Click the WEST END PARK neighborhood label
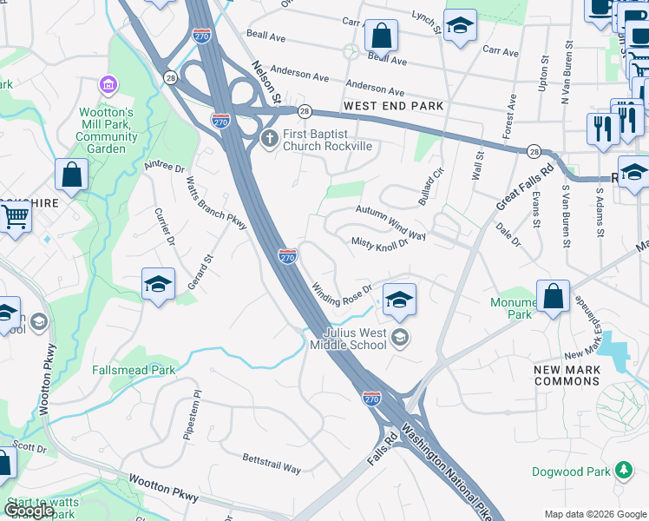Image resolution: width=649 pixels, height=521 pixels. click(393, 106)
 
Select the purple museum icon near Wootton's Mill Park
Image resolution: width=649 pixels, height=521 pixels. click(108, 84)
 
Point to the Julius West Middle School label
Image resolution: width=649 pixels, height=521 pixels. click(354, 339)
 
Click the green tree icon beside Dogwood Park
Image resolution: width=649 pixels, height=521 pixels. click(622, 471)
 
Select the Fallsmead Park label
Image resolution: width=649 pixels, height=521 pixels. click(134, 370)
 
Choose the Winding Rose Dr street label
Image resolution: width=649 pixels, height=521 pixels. click(342, 290)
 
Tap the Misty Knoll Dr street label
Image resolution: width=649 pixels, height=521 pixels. click(379, 244)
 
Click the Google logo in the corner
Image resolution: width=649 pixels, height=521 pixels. click(29, 511)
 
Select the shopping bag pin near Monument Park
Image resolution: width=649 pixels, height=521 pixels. click(553, 296)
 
